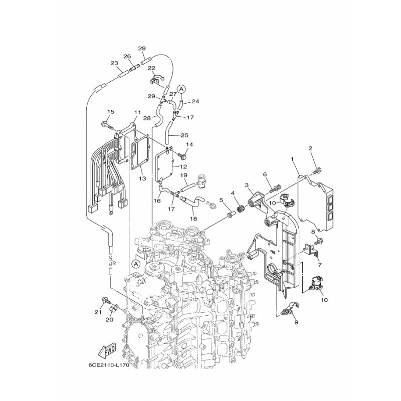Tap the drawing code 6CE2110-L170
(109, 365)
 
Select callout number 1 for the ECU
(292, 159)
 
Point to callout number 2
(310, 148)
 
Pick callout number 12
(183, 167)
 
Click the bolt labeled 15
(107, 125)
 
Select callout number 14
(189, 144)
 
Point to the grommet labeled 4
(241, 209)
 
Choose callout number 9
(296, 322)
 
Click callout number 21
(98, 312)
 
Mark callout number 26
(127, 56)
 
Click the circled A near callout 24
(181, 89)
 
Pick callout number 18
(193, 219)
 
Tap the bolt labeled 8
(318, 241)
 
